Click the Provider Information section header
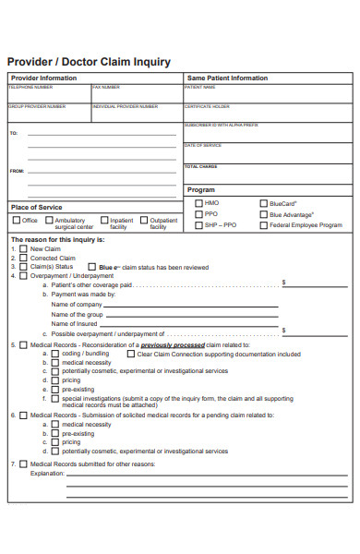pos(43,78)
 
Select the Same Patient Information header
pos(227,78)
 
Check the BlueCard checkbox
pos(264,203)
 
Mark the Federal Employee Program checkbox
pos(264,225)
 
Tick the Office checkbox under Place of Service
pos(16,221)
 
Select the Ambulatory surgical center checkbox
pos(48,221)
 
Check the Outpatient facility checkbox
pos(143,221)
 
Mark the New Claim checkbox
pos(23,249)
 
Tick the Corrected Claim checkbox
pos(23,258)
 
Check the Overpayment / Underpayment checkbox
pos(23,275)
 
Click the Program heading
pos(201,189)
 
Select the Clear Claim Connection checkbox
pos(130,354)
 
